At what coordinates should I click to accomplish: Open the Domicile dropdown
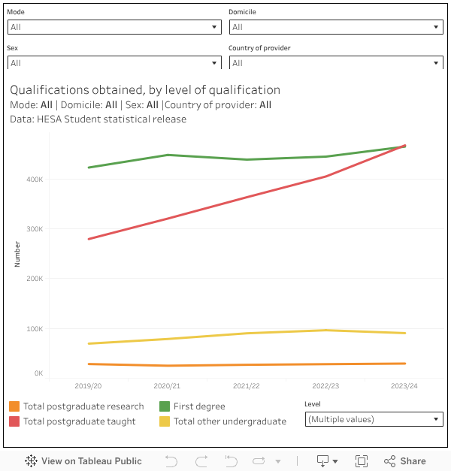pos(336,27)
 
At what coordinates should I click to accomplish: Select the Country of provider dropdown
pos(336,63)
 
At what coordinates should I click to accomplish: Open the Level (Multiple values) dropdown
pos(374,419)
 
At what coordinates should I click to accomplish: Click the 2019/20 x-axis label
pos(89,385)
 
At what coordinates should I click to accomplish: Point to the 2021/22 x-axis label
pos(247,385)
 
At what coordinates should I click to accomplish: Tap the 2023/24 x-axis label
pos(404,385)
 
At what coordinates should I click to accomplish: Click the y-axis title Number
pos(17,254)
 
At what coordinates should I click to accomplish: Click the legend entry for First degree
pos(198,406)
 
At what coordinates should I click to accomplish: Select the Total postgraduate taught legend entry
pos(79,421)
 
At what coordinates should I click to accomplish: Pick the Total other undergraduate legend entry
pos(229,421)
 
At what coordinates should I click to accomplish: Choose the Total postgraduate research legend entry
pos(83,406)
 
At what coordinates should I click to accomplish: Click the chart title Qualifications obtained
pos(145,89)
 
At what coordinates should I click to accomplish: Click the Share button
pos(405,461)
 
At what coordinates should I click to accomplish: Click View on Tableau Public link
pos(83,461)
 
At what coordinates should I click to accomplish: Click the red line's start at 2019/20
pos(89,239)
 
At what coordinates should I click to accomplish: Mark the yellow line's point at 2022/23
pos(325,331)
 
